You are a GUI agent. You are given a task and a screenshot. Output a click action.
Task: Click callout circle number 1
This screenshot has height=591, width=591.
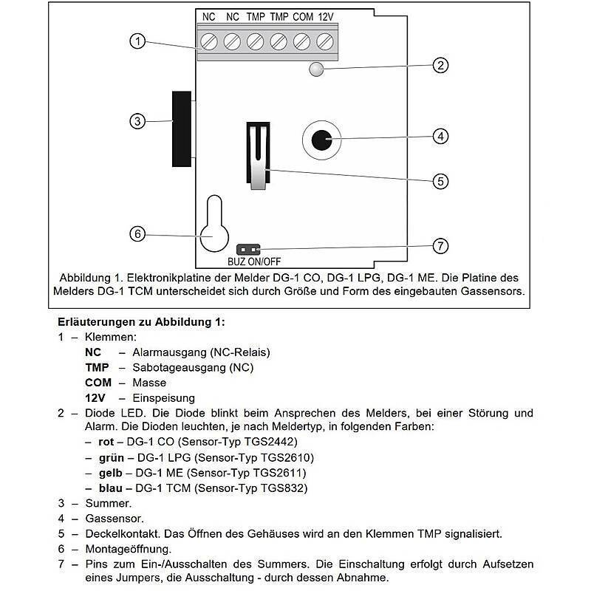pyautogui.click(x=136, y=41)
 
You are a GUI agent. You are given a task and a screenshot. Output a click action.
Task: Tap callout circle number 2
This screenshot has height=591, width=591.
pyautogui.click(x=440, y=65)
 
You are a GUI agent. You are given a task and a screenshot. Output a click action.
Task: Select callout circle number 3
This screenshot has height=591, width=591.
pyautogui.click(x=136, y=122)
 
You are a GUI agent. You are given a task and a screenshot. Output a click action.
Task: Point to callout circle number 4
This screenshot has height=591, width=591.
pyautogui.click(x=440, y=136)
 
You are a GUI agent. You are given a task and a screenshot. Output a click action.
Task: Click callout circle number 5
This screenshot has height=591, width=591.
pyautogui.click(x=440, y=180)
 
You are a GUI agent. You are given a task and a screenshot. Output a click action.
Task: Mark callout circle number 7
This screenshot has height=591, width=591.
pyautogui.click(x=440, y=246)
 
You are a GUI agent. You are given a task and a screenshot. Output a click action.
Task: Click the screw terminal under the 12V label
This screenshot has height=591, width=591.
pyautogui.click(x=326, y=40)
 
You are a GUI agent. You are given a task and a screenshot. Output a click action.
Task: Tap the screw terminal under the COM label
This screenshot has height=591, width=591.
pyautogui.click(x=302, y=40)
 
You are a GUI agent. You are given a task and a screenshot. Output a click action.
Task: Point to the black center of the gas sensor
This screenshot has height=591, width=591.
pyautogui.click(x=321, y=139)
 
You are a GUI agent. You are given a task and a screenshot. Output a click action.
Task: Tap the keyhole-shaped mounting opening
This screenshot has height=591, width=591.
pyautogui.click(x=213, y=227)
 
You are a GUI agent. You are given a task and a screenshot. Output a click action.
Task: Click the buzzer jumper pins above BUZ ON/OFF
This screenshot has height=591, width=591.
pyautogui.click(x=248, y=249)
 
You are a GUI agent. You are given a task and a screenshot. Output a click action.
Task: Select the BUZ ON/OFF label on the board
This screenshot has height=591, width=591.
pyautogui.click(x=254, y=261)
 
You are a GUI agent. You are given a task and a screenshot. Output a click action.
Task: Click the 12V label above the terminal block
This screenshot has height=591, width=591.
pyautogui.click(x=327, y=16)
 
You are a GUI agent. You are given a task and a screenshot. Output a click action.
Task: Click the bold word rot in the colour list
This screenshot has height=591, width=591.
pyautogui.click(x=105, y=442)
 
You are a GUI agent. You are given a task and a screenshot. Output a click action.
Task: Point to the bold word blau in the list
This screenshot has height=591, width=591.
pyautogui.click(x=109, y=488)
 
